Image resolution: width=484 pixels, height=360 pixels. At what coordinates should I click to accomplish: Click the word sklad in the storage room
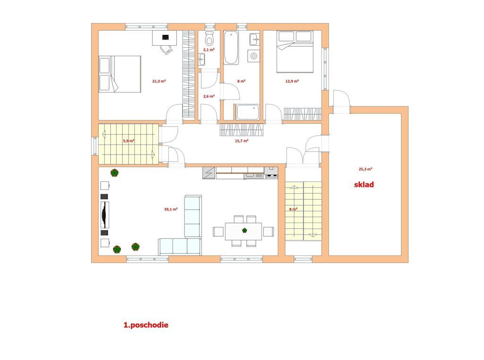pos(364,184)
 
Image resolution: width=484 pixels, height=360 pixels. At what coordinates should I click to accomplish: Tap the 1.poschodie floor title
pos(146,325)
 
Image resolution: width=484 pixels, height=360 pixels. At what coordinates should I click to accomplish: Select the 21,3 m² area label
pos(159,81)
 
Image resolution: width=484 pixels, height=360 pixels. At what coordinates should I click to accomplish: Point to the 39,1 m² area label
pos(171,209)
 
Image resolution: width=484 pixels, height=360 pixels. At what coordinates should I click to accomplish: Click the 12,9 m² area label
pos(292,81)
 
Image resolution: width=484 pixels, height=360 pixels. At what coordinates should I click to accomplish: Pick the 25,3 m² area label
pos(365,169)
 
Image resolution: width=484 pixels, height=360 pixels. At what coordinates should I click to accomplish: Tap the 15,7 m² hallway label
pos(242,141)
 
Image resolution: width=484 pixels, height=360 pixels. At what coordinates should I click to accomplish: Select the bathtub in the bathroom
pos(231,48)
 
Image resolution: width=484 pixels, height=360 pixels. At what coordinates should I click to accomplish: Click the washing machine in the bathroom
pos(254,56)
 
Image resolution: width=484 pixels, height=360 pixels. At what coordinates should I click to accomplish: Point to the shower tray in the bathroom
pos(248,112)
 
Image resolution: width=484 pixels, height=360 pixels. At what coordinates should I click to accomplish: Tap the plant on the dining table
pos(244,230)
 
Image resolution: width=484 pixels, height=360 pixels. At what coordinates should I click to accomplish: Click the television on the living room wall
pos(105,214)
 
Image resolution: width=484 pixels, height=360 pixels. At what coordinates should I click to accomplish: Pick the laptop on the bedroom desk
pos(166,37)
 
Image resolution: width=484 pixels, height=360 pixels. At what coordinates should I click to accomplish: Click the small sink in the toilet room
pos(201,59)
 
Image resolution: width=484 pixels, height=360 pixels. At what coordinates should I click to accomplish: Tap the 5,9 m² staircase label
pos(129,141)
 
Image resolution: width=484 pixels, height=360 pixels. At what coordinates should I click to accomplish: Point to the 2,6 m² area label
pos(208,96)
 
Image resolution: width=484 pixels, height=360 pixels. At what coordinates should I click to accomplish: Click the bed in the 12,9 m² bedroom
pos(295,51)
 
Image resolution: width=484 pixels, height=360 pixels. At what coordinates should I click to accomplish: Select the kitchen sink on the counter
pos(254,176)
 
